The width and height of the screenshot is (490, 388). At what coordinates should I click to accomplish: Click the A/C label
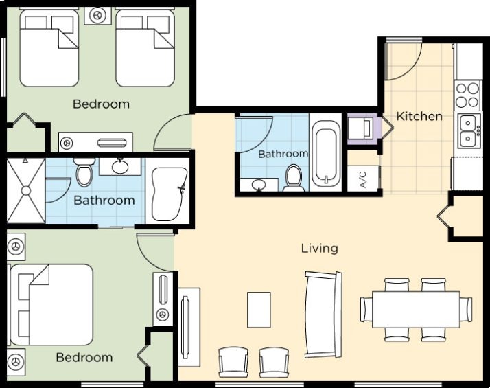click(x=363, y=179)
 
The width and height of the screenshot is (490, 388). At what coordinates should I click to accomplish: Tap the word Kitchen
click(x=419, y=116)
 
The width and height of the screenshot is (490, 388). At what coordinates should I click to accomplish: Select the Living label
click(x=320, y=248)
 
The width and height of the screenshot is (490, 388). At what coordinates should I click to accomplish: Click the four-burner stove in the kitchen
click(x=467, y=95)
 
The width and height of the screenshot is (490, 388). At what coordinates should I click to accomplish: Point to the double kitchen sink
click(x=469, y=131)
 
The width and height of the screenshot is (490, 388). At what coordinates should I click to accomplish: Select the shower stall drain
click(x=26, y=191)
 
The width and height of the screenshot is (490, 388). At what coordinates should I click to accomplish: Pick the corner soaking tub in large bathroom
click(x=169, y=194)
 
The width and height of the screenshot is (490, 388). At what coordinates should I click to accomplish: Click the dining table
click(x=416, y=309)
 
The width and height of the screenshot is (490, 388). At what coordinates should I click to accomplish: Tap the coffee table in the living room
click(x=259, y=310)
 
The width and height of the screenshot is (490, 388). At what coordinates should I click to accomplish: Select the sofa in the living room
click(x=323, y=315)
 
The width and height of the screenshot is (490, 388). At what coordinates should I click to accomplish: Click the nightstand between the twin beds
click(x=98, y=16)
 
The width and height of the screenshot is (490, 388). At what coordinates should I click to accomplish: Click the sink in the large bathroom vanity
click(x=120, y=166)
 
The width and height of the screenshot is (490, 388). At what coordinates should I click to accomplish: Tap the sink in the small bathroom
click(x=258, y=184)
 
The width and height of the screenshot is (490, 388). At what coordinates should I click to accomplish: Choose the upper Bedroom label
click(x=101, y=104)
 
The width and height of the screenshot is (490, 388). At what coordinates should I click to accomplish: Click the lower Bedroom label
click(x=84, y=357)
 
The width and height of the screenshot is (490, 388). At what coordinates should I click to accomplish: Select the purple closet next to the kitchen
click(x=364, y=129)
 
